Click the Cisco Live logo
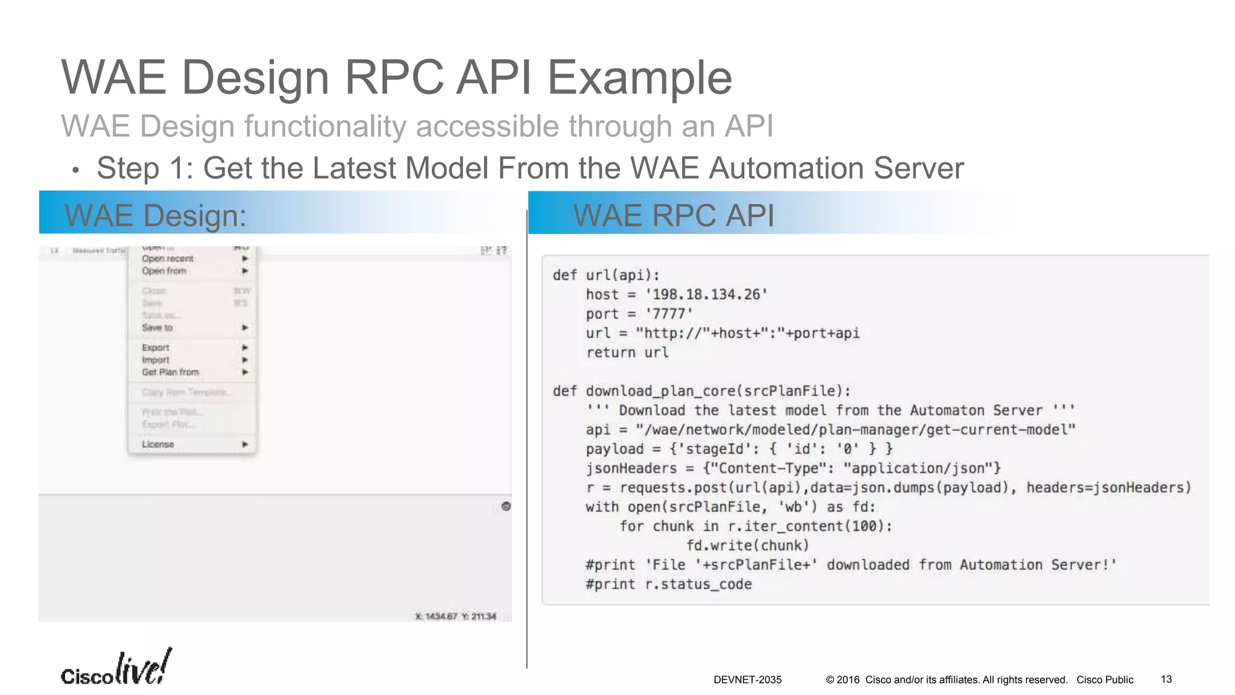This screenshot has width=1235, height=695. click(116, 668)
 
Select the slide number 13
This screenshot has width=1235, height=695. click(1166, 679)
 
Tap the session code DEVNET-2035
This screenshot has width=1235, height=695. click(747, 680)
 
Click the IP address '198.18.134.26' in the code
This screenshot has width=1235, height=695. click(707, 294)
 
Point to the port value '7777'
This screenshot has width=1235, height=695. click(669, 314)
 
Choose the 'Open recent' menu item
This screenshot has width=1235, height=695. click(168, 259)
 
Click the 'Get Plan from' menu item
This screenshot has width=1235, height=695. click(170, 372)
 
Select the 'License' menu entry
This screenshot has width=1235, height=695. click(158, 445)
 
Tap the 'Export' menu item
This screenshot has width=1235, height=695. click(156, 347)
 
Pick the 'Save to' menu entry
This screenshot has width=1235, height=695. click(157, 328)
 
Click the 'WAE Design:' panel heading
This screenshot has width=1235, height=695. click(156, 215)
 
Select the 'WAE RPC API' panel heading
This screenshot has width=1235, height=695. click(673, 215)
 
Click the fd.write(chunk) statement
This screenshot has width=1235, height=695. click(747, 545)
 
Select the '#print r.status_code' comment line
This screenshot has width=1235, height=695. click(668, 584)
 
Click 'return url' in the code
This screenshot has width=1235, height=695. click(627, 352)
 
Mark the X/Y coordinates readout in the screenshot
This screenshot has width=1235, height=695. click(455, 616)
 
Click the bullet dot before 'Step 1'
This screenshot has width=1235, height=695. click(75, 171)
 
